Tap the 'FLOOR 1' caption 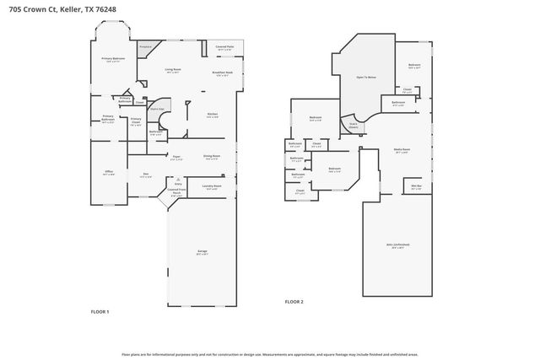pyautogui.click(x=100, y=311)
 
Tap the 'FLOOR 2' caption pyautogui.click(x=294, y=301)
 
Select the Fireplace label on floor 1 pyautogui.click(x=145, y=47)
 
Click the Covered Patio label pyautogui.click(x=224, y=48)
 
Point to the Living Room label pyautogui.click(x=173, y=70)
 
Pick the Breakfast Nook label pyautogui.click(x=224, y=73)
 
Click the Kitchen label pyautogui.click(x=213, y=115)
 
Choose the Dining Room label pyautogui.click(x=211, y=156)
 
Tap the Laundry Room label pyautogui.click(x=211, y=185)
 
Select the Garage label pyautogui.click(x=202, y=250)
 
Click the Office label pyautogui.click(x=109, y=171)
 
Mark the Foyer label pyautogui.click(x=177, y=156)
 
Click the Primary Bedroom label pyautogui.click(x=113, y=58)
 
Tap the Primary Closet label pyautogui.click(x=136, y=121)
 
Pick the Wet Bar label pyautogui.click(x=416, y=186)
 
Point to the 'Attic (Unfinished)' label pyautogui.click(x=397, y=246)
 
